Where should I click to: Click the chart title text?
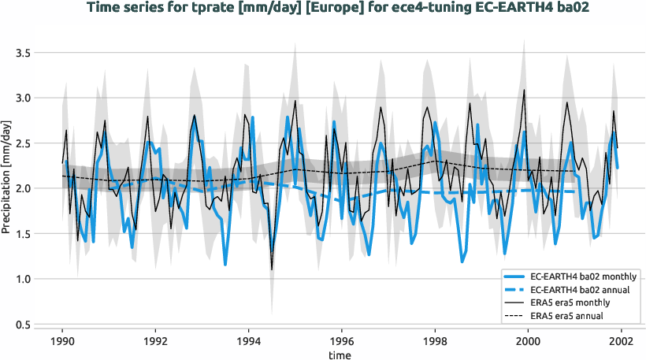click(323, 9)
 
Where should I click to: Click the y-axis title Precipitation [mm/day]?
click(7, 188)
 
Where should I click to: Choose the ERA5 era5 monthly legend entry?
click(579, 304)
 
